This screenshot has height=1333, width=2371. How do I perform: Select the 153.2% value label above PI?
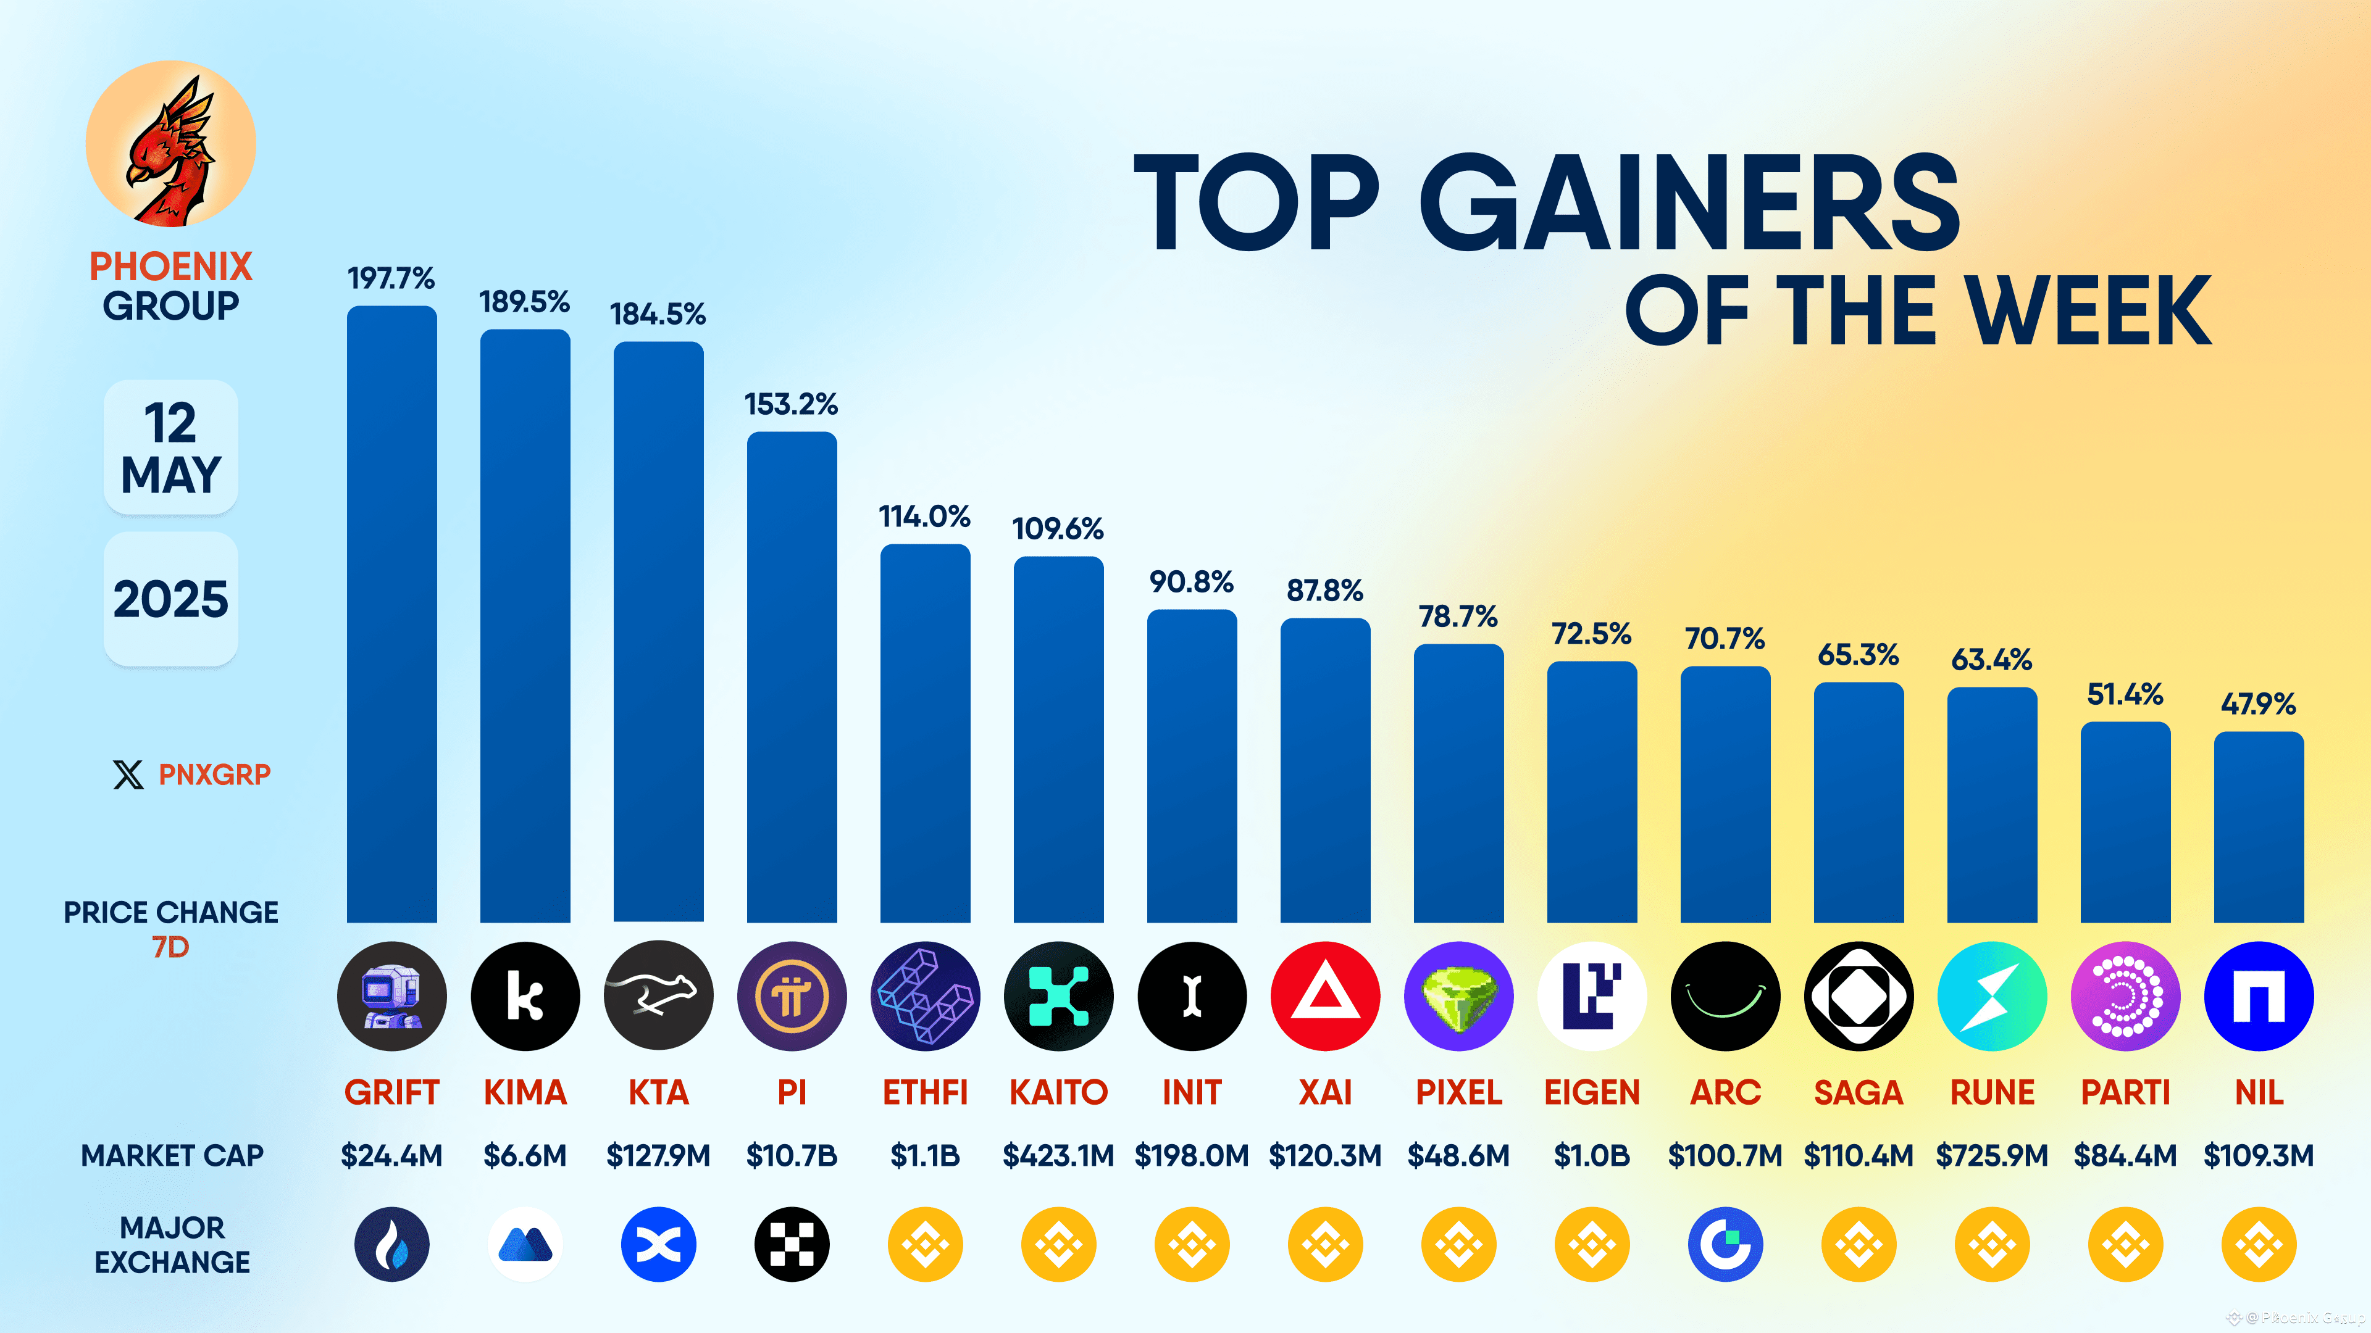coord(790,404)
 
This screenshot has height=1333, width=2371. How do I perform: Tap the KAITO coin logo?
coord(1058,996)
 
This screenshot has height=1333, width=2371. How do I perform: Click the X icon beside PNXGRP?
coord(128,774)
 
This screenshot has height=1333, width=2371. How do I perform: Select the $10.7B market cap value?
coord(790,1155)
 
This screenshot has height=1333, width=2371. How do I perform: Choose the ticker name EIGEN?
coord(1591,1093)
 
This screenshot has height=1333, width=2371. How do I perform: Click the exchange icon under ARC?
coord(1725,1245)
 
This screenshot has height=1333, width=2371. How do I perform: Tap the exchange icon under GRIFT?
coord(391,1245)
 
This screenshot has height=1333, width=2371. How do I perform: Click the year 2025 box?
coord(170,599)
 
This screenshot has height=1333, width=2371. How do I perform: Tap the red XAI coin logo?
coord(1324,996)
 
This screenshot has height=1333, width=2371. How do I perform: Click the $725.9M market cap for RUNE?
coord(1992,1155)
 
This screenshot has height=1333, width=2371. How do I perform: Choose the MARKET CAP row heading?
coord(172,1155)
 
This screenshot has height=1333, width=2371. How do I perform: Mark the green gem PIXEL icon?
coord(1458,996)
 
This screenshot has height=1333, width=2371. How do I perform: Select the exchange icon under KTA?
coord(658,1245)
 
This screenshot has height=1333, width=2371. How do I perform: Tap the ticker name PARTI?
coord(2125,1093)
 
